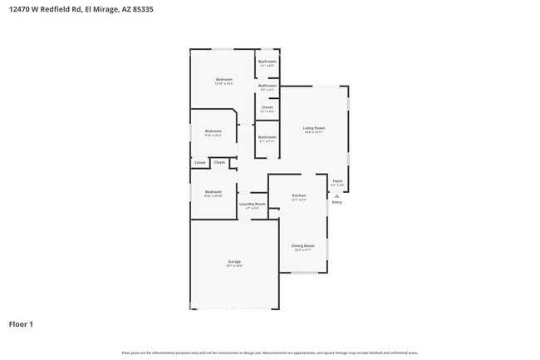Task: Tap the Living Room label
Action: click(313, 128)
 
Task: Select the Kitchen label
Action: click(299, 195)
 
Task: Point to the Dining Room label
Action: click(302, 245)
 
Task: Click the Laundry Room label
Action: click(253, 204)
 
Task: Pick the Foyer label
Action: click(337, 180)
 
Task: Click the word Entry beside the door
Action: click(336, 202)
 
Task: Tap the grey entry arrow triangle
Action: click(336, 195)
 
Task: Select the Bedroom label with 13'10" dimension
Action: click(224, 79)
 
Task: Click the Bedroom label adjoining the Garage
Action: click(214, 191)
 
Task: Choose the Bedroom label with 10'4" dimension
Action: click(214, 131)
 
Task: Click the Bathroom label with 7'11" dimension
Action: click(267, 137)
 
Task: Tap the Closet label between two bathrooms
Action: click(267, 106)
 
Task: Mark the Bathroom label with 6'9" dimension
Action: click(267, 62)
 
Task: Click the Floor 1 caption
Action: click(22, 323)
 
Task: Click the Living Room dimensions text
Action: click(313, 132)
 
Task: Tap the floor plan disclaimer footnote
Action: click(270, 353)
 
